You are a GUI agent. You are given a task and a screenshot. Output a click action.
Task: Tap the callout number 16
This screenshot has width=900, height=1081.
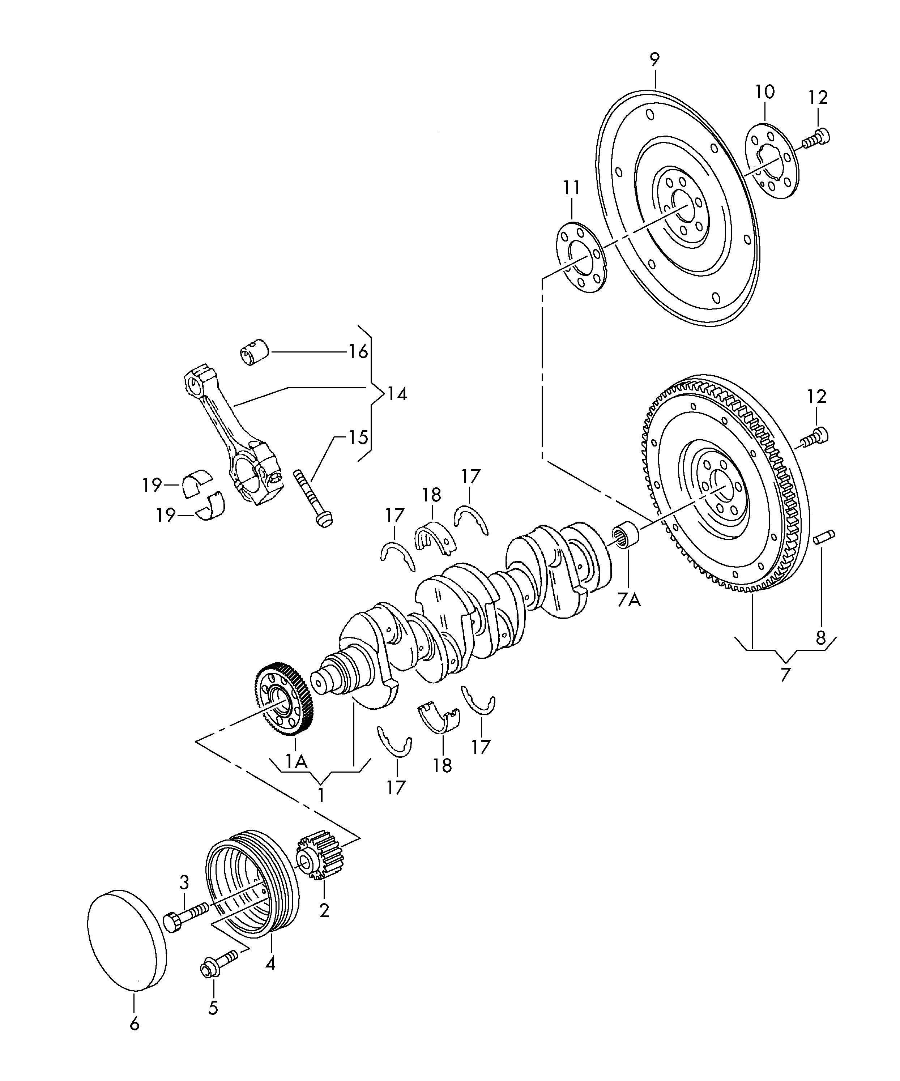coord(358,352)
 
